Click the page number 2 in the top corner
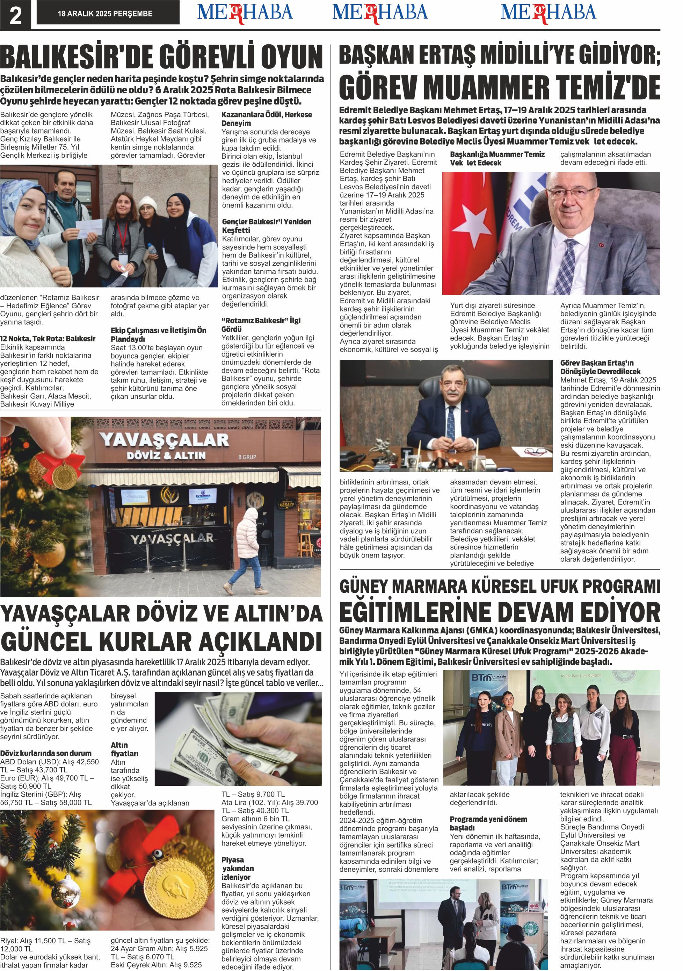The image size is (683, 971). pyautogui.click(x=15, y=15)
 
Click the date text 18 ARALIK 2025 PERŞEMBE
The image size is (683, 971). pyautogui.click(x=105, y=14)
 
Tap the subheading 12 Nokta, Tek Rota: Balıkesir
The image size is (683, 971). pyautogui.click(x=48, y=339)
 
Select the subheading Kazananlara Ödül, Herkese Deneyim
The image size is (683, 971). pyautogui.click(x=266, y=119)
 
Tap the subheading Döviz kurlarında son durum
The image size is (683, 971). pyautogui.click(x=46, y=753)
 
